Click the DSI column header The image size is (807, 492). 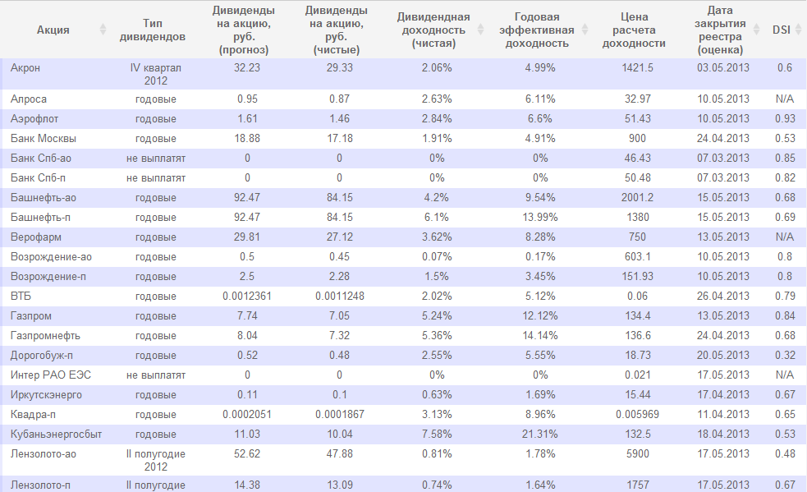[x=782, y=30]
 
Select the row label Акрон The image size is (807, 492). [x=25, y=68]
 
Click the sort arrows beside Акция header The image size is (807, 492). [x=103, y=30]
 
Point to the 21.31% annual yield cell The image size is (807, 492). [x=541, y=435]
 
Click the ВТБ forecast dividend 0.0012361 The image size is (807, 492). [x=246, y=297]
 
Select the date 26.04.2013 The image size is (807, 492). [x=723, y=297]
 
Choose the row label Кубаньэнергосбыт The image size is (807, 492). [x=51, y=435]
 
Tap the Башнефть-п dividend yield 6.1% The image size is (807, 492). [x=437, y=218]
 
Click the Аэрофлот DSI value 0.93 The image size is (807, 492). [x=784, y=119]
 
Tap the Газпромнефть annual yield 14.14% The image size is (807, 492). [x=541, y=336]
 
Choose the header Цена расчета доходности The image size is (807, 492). [x=633, y=30]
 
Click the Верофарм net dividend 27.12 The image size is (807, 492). [x=339, y=237]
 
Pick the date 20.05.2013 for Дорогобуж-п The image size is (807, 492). [x=723, y=356]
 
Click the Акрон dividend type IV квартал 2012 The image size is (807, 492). [x=155, y=74]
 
